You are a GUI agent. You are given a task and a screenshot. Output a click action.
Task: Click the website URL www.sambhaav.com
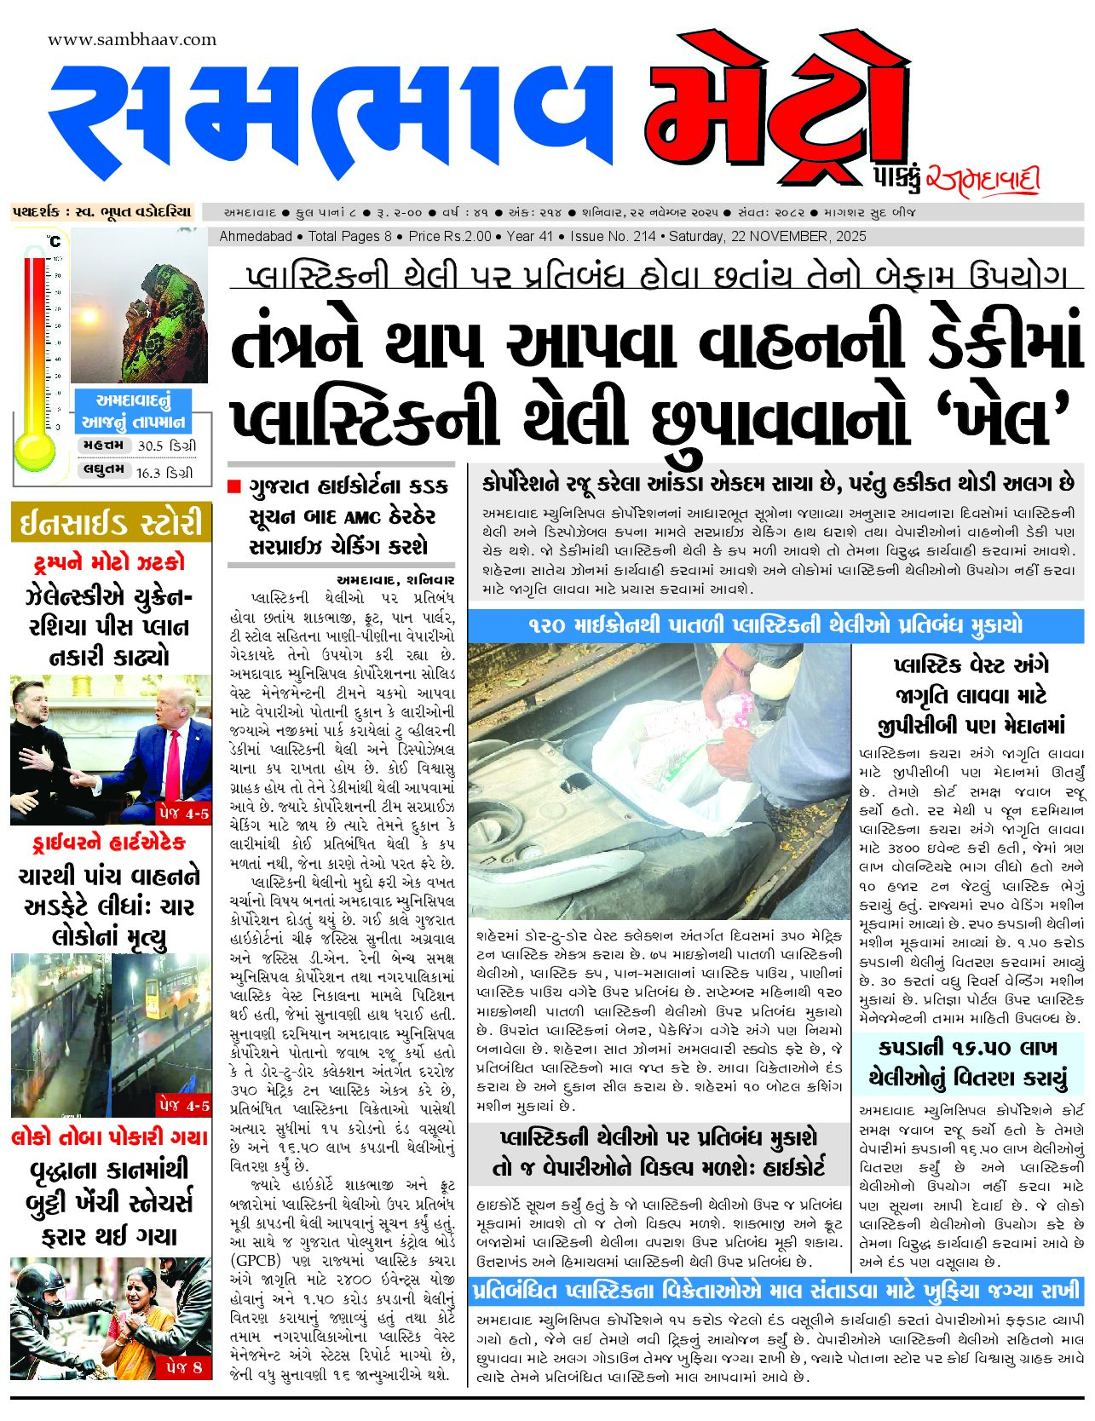tap(132, 39)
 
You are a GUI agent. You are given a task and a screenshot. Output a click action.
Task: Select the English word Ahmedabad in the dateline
tap(256, 236)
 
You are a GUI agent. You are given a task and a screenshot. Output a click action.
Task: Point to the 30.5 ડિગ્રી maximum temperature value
tap(166, 446)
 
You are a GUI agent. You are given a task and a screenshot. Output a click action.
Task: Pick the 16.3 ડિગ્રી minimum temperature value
tap(164, 472)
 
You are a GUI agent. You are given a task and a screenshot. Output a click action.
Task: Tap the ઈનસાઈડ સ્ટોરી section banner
tap(111, 522)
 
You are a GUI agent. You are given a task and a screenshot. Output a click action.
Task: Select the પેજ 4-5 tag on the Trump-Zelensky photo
tap(184, 813)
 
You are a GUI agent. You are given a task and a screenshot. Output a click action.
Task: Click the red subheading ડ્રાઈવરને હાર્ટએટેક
tap(109, 843)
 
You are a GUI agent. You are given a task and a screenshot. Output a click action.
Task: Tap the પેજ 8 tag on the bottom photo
tap(184, 1366)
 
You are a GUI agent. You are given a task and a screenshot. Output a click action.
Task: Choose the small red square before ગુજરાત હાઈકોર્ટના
tap(234, 486)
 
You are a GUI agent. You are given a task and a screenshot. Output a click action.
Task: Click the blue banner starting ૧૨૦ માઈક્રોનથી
tap(775, 625)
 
